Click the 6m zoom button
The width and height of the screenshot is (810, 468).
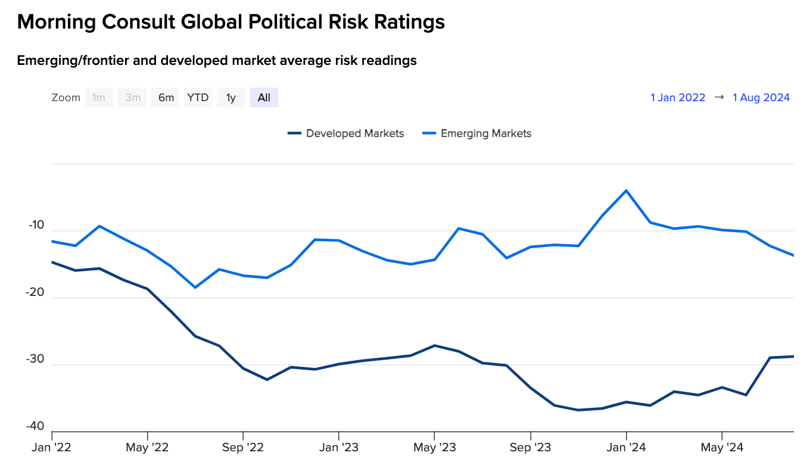click(166, 98)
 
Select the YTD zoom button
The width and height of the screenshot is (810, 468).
click(198, 98)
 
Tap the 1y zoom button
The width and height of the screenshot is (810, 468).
click(230, 98)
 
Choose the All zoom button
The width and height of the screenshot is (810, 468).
click(264, 98)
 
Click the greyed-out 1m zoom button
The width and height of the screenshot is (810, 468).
click(99, 98)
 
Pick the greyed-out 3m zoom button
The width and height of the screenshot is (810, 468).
click(132, 98)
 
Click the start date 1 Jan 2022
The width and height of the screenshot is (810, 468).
click(678, 98)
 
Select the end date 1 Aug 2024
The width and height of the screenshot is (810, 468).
click(761, 98)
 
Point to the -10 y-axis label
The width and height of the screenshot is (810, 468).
click(36, 226)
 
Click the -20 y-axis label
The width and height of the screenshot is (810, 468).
click(36, 292)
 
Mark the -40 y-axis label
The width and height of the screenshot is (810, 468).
click(36, 426)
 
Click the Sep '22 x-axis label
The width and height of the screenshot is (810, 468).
click(242, 447)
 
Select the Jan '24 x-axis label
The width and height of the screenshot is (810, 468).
click(626, 447)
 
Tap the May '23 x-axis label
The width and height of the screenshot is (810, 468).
click(434, 447)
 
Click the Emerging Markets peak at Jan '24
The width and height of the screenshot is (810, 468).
click(626, 191)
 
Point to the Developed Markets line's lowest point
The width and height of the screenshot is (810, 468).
click(578, 410)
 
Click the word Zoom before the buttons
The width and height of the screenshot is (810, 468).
click(66, 98)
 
